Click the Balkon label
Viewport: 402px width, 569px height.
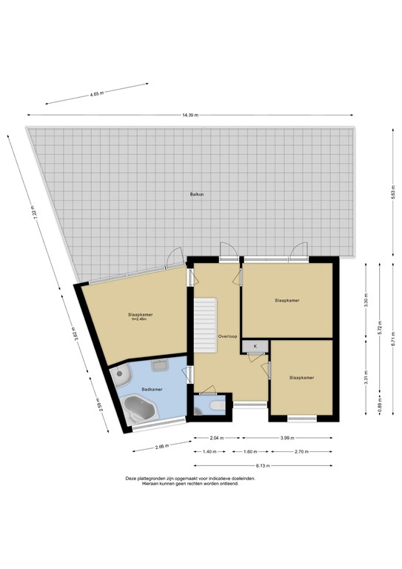point(195,195)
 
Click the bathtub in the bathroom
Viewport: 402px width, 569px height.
point(138,409)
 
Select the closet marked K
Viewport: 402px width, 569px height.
point(255,346)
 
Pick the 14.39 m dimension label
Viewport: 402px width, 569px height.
point(189,116)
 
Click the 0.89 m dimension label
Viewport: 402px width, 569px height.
point(380,406)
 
